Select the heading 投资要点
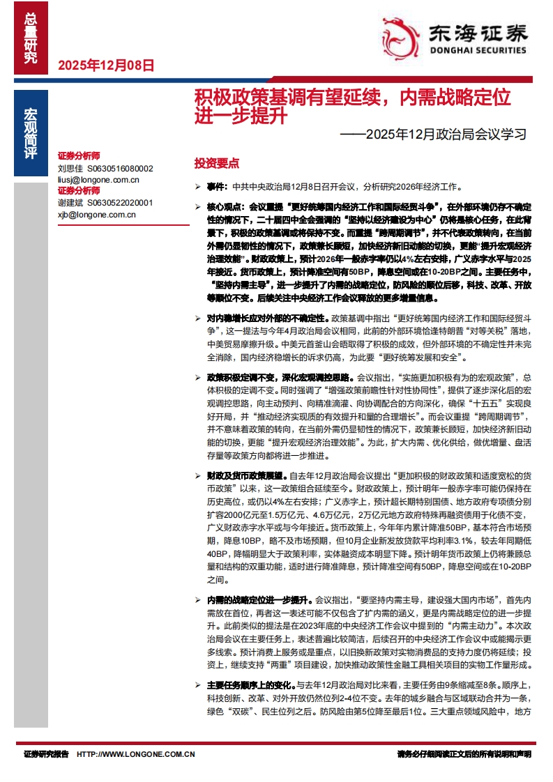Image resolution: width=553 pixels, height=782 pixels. pyautogui.click(x=216, y=163)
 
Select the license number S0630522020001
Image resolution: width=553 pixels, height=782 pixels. pyautogui.click(x=119, y=204)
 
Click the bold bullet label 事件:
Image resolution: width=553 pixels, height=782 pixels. pyautogui.click(x=218, y=187)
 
